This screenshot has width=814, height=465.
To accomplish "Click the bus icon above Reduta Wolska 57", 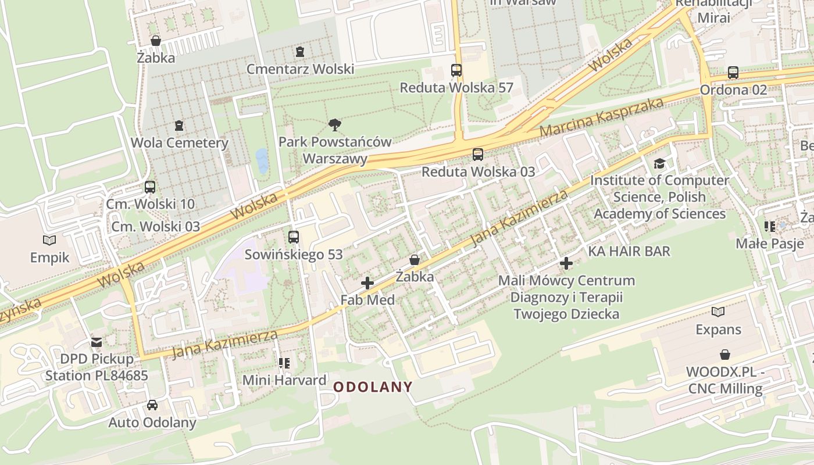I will point(456,70).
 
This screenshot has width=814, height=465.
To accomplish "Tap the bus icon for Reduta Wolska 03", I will point(477,155).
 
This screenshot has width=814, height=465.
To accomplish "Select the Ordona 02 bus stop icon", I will point(733,73).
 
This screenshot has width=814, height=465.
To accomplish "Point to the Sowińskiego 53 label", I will point(293,255).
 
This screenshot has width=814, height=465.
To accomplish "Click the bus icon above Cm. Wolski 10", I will point(150,187).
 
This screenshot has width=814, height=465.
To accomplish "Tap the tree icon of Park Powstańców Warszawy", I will point(334,124).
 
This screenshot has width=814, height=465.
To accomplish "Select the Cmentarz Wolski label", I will point(300,69).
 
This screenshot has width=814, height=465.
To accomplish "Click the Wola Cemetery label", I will point(179,143).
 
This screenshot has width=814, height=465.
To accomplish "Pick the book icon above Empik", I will point(50,240).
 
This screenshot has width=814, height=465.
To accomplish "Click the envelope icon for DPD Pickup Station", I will point(97,342).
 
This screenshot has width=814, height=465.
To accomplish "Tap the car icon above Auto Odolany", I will point(152,405).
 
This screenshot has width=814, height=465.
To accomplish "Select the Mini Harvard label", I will point(284,380).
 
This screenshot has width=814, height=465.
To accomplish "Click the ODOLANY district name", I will point(373,387).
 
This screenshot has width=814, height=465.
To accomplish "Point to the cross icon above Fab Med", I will point(367,283).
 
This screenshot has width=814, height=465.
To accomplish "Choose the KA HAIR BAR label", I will point(629,251).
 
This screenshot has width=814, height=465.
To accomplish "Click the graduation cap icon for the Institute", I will point(659,164).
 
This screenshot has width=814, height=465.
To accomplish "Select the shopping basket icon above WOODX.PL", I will point(725,355).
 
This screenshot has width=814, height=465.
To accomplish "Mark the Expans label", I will point(718,330).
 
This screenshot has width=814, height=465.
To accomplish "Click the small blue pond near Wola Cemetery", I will point(262,161).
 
